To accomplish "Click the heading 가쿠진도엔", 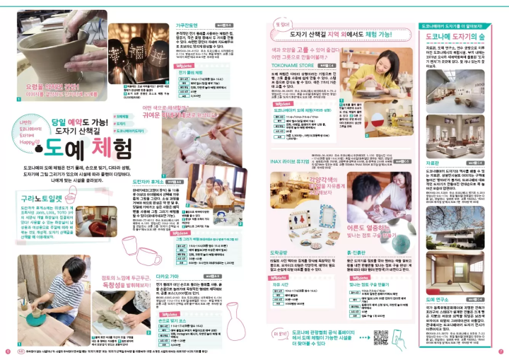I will [186, 24].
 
